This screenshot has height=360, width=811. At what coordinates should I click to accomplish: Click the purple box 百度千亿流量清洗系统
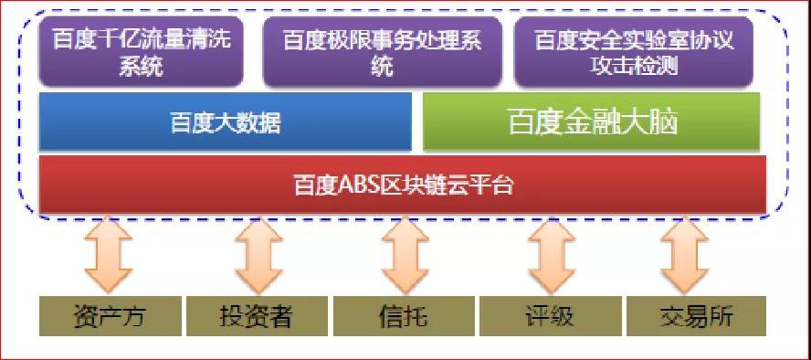pyautogui.click(x=142, y=51)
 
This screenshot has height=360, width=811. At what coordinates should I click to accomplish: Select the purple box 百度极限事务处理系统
pyautogui.click(x=383, y=51)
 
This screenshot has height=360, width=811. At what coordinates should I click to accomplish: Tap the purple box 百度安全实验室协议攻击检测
pyautogui.click(x=634, y=51)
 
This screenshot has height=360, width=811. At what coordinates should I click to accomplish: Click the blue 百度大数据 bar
pyautogui.click(x=226, y=122)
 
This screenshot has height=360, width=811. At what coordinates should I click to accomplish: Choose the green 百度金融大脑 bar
pyautogui.click(x=592, y=122)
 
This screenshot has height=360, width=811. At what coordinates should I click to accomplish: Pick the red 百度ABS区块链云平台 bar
pyautogui.click(x=403, y=184)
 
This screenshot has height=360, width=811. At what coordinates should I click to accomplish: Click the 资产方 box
pyautogui.click(x=111, y=316)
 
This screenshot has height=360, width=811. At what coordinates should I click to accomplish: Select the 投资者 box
pyautogui.click(x=257, y=316)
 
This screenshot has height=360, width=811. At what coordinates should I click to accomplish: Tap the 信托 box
pyautogui.click(x=404, y=316)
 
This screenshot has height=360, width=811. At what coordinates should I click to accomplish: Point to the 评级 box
pyautogui.click(x=551, y=316)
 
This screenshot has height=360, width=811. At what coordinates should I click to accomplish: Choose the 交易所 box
pyautogui.click(x=697, y=316)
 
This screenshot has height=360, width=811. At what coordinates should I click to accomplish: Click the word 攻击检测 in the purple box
pyautogui.click(x=634, y=66)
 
